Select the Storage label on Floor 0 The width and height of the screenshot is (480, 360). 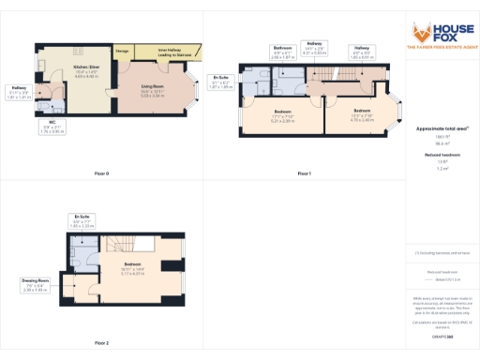click(x=122, y=50)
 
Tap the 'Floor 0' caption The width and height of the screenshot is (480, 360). click(x=101, y=173)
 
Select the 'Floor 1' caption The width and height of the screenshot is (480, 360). click(x=304, y=173)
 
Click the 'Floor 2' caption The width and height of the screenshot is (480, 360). click(x=101, y=343)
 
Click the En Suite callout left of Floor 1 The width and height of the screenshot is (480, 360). click(x=221, y=81)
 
